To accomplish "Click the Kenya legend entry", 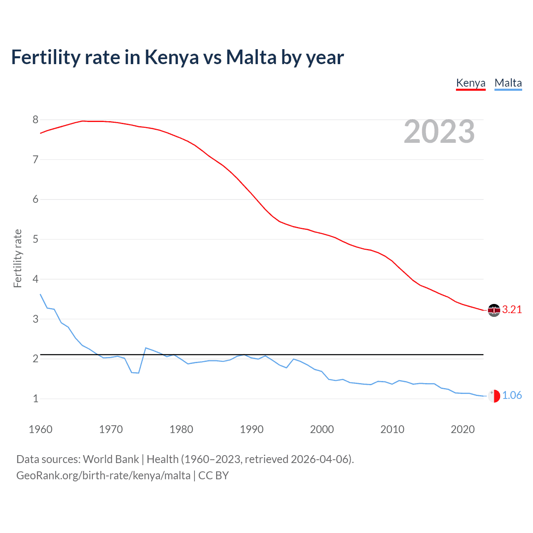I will (471, 83).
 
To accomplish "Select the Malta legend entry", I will (508, 83).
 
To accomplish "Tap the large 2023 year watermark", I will (439, 132).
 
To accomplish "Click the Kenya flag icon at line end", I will (494, 310).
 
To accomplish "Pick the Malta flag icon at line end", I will (494, 396).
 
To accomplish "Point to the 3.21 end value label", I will (512, 309).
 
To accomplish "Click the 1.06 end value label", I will (512, 395).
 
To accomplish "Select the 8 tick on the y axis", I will (35, 120).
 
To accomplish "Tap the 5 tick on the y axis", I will (35, 239).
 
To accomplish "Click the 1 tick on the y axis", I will (35, 399).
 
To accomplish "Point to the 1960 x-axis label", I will (40, 429).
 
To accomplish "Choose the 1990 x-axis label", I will (252, 429).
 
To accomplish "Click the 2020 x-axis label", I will (463, 429).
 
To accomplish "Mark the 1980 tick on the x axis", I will (181, 429).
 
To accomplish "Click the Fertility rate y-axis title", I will (17, 258).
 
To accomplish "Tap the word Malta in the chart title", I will (251, 57).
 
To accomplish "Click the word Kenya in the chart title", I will (172, 57).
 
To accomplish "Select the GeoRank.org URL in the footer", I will (103, 476).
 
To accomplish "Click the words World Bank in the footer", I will (111, 459).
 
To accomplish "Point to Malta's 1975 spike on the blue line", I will (146, 348).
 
